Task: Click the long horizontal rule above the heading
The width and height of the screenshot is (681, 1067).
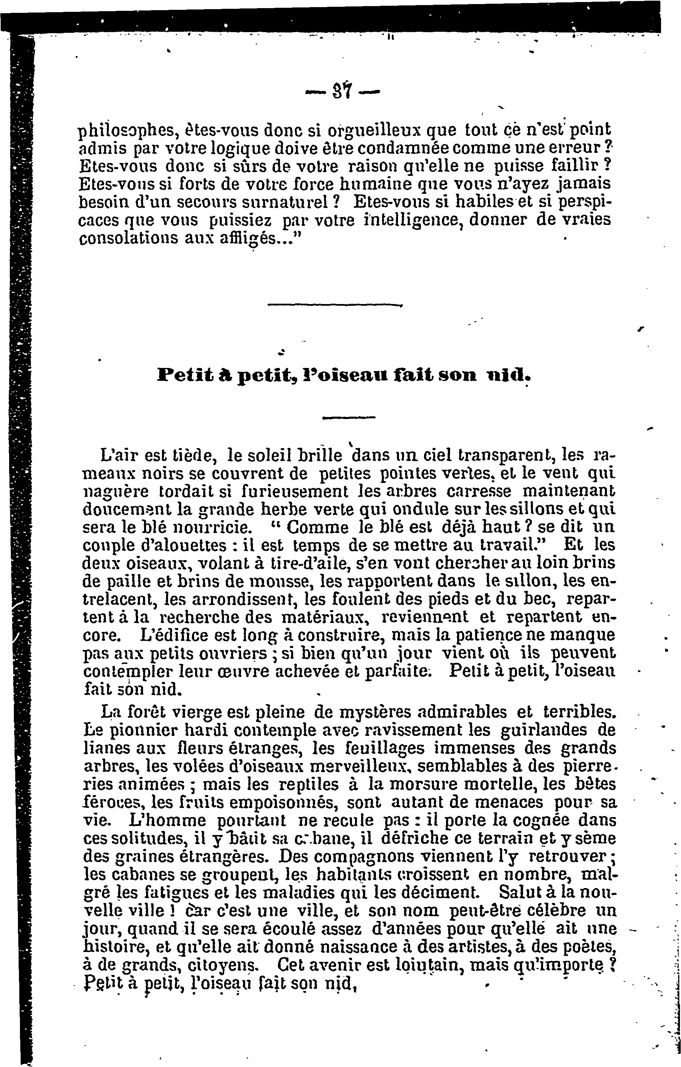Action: click(x=334, y=305)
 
